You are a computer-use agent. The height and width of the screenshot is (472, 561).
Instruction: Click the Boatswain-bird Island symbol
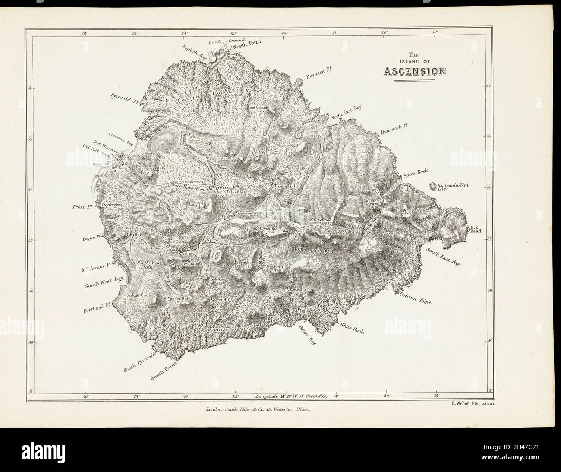click(x=433, y=186)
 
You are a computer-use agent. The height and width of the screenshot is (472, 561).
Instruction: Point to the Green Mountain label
click(x=312, y=250)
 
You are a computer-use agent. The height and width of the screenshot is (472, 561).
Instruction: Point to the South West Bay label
click(x=104, y=282)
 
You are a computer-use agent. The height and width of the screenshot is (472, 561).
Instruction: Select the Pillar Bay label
click(x=307, y=334)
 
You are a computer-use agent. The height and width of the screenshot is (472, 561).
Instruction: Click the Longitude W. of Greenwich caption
click(x=293, y=395)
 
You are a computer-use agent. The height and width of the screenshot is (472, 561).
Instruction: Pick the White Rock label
click(x=352, y=327)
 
